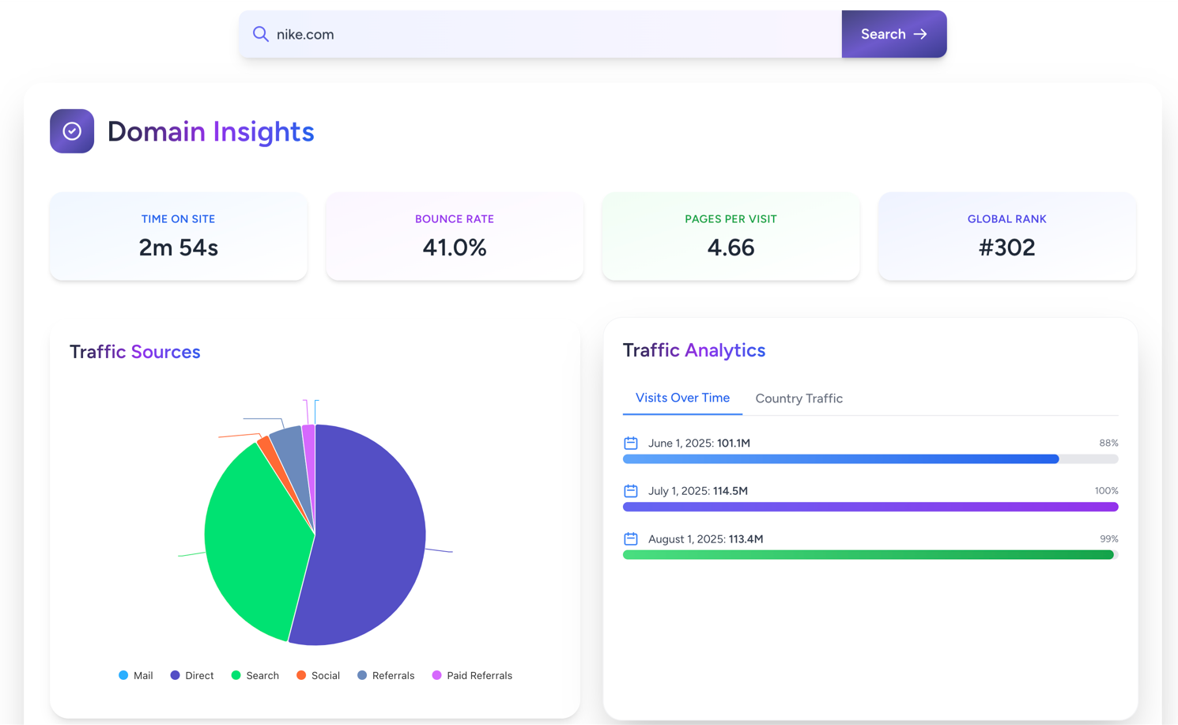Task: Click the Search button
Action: coord(893,34)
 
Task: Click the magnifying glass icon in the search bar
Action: coord(260,34)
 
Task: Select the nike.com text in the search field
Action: coord(305,35)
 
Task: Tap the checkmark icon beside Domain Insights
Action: coord(72,131)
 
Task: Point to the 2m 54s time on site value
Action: coord(178,247)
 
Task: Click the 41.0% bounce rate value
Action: coord(455,247)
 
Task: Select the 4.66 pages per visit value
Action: coord(731,247)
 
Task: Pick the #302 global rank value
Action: coord(1006,247)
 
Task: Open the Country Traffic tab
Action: coord(799,398)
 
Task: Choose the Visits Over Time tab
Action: coord(682,398)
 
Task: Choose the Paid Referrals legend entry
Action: coord(472,675)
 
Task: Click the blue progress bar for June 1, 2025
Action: coord(840,459)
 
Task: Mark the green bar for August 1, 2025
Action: coord(867,555)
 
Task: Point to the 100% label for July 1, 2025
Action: coord(1106,491)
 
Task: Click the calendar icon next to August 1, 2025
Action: coord(631,539)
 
